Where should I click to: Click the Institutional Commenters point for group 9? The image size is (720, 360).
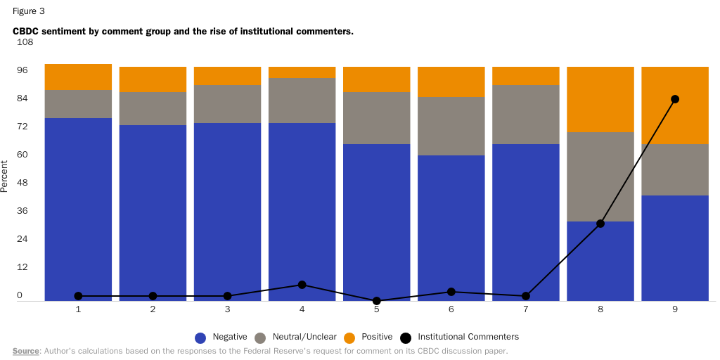point(674,99)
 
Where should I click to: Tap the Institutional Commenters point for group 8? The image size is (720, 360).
point(600,224)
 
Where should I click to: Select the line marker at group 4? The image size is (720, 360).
point(302,285)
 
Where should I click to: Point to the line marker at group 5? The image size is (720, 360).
point(376,300)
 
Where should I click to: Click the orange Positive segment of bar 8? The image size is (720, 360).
point(600,99)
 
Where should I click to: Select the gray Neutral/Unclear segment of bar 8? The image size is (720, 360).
point(600,176)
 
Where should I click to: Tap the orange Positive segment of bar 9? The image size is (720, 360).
point(674,105)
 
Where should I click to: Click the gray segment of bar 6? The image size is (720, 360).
point(451,126)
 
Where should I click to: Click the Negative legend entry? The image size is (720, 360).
point(219,337)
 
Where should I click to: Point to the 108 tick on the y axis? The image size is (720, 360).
point(25,42)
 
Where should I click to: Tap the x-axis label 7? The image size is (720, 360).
point(525,309)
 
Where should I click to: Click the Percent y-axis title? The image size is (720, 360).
point(5,176)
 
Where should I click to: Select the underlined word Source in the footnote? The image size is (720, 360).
point(25,350)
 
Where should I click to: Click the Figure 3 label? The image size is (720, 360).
point(29,11)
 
